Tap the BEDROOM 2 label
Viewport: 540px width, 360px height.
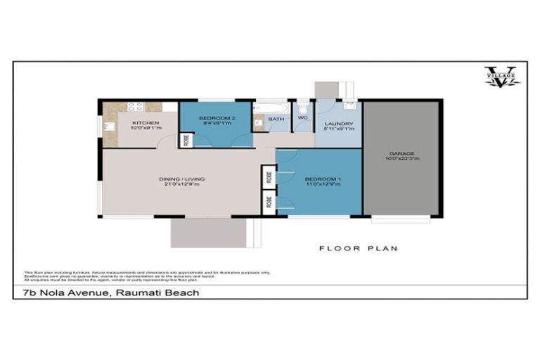click(x=215, y=117)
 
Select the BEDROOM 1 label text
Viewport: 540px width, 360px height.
click(x=322, y=179)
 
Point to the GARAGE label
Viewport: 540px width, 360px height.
click(x=402, y=153)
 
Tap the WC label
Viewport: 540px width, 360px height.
click(x=303, y=118)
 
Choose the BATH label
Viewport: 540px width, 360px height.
click(x=276, y=120)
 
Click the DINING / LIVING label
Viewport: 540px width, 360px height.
click(x=181, y=179)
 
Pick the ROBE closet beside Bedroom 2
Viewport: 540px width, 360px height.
click(x=186, y=139)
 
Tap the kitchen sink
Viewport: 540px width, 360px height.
click(x=110, y=127)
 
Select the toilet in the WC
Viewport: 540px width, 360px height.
click(x=303, y=108)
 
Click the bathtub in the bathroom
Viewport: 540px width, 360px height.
click(x=271, y=107)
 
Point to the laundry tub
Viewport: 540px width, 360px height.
click(x=350, y=106)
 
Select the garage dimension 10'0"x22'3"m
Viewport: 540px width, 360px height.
click(x=402, y=159)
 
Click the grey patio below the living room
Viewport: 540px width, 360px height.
click(x=207, y=232)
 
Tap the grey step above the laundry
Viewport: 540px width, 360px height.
click(x=326, y=90)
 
